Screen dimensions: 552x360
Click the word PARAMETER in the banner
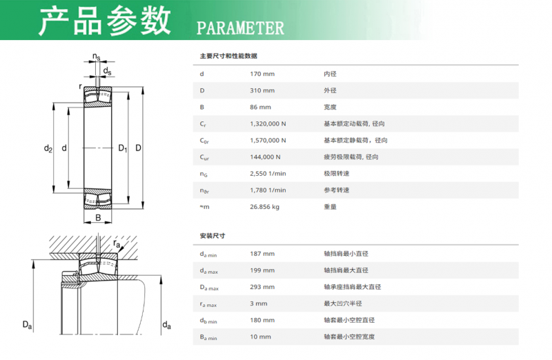[240, 28]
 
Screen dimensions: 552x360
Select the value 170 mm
[262, 74]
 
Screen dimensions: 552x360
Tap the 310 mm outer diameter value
[262, 90]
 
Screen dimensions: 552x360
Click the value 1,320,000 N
[268, 124]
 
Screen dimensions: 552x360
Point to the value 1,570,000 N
[268, 141]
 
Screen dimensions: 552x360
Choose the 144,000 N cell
[265, 157]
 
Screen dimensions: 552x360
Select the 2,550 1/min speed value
[268, 174]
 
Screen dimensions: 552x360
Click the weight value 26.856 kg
[265, 207]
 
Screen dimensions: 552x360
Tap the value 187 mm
[262, 254]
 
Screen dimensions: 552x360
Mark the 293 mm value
[262, 287]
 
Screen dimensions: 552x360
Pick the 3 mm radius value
[259, 303]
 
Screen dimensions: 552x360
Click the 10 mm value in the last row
[261, 337]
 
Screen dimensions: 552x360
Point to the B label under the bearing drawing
[98, 218]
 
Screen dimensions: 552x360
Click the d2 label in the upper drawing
[48, 148]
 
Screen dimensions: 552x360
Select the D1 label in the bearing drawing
[123, 148]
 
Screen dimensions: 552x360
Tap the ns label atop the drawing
[96, 57]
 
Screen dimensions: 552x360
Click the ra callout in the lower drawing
[117, 243]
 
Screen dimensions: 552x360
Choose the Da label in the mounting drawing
[27, 325]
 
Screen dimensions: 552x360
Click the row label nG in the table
[204, 174]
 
